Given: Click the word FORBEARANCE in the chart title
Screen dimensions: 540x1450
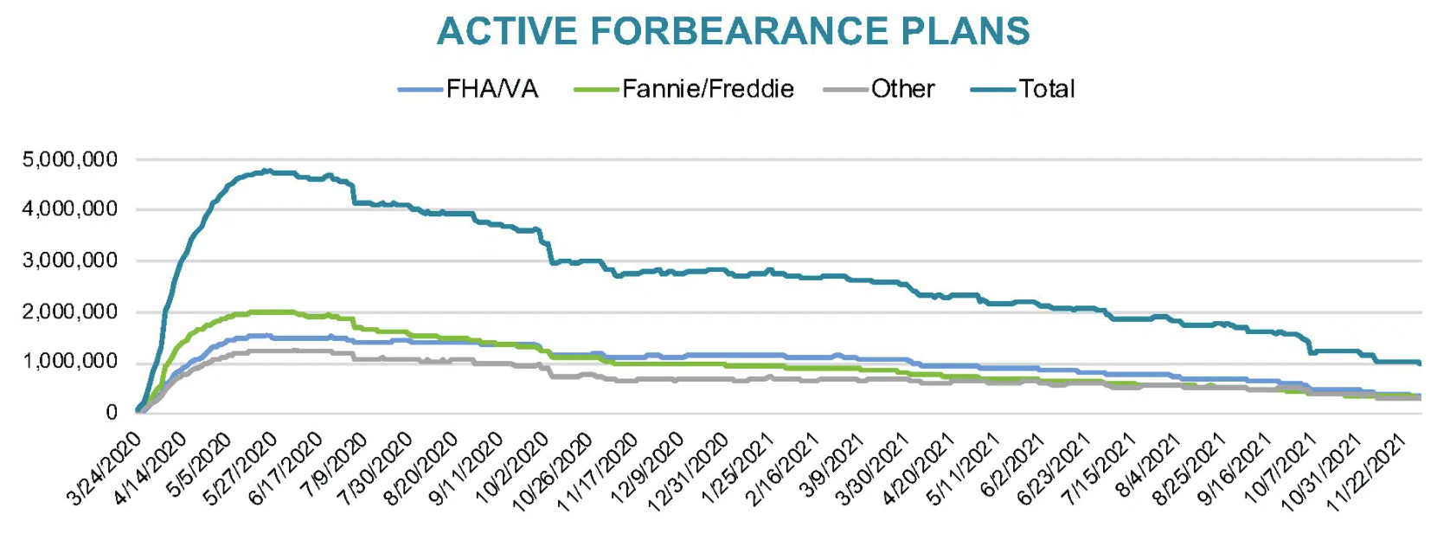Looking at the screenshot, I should [x=739, y=31].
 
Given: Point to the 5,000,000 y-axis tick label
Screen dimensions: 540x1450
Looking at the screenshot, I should [x=70, y=159].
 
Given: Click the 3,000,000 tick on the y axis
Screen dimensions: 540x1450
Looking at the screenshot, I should [x=70, y=260].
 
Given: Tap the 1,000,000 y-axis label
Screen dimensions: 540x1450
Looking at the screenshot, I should [x=70, y=362].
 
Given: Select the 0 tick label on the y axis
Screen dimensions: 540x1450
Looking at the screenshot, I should [x=112, y=413].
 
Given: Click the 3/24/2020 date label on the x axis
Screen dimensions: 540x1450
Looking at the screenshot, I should [x=104, y=469].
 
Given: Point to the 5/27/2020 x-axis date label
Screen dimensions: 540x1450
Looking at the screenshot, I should [x=240, y=469].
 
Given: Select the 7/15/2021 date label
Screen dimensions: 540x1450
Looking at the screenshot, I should [x=1100, y=469].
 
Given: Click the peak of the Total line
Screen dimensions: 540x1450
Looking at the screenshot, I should [x=266, y=170].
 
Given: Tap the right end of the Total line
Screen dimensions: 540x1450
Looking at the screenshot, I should [x=1420, y=363].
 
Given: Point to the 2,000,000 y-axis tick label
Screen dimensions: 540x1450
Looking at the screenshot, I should [x=70, y=312].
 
